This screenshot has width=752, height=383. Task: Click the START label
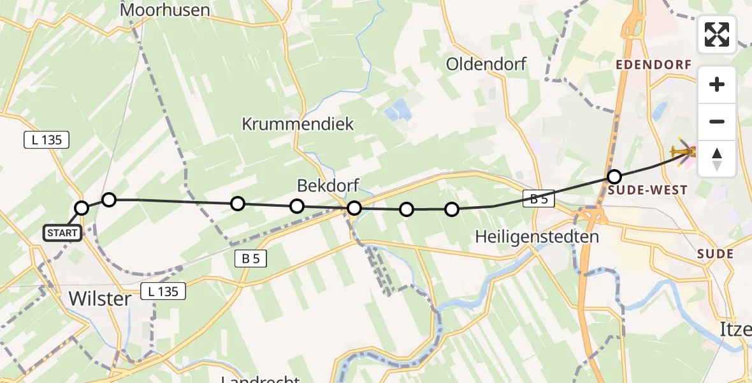tap(62, 233)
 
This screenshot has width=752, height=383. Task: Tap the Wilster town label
tap(99, 299)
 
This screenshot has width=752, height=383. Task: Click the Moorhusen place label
tap(165, 10)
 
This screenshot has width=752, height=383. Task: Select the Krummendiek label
tap(298, 124)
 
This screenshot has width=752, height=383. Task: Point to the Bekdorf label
tap(328, 186)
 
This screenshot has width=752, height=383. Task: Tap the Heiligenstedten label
tap(537, 237)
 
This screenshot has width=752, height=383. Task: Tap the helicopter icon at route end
tap(683, 152)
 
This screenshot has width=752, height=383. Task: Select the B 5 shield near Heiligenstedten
tap(539, 199)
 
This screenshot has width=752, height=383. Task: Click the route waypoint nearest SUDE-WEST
tap(614, 177)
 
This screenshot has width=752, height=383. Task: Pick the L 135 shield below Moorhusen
tap(47, 140)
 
